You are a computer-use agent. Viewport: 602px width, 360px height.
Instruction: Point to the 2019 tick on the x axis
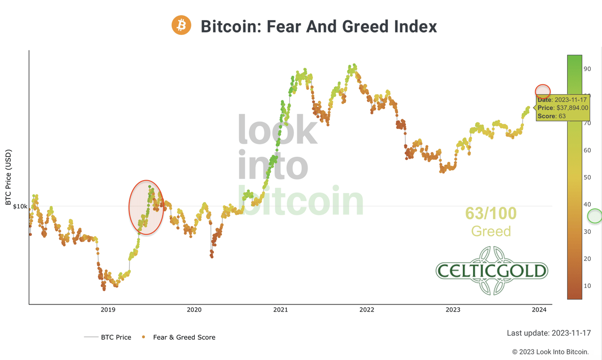pyautogui.click(x=108, y=309)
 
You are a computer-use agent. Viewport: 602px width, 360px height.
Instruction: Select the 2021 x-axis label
pyautogui.click(x=280, y=309)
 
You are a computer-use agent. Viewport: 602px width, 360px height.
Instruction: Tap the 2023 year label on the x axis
pyautogui.click(x=453, y=309)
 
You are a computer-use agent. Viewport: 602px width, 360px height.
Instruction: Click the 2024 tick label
pyautogui.click(x=539, y=309)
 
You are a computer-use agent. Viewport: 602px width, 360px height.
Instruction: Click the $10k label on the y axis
pyautogui.click(x=20, y=206)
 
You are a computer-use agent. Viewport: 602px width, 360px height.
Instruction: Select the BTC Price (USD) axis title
pyautogui.click(x=8, y=177)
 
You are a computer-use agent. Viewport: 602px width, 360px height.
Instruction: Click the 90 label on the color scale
pyautogui.click(x=587, y=69)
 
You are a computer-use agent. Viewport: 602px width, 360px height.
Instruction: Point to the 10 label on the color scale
pyautogui.click(x=587, y=286)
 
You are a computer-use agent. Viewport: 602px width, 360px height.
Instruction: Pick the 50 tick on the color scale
pyautogui.click(x=587, y=177)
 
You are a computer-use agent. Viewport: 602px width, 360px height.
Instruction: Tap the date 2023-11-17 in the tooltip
pyautogui.click(x=570, y=100)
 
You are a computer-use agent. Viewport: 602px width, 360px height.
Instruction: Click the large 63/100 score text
pyautogui.click(x=491, y=214)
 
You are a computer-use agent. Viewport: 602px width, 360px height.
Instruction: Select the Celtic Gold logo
pyautogui.click(x=491, y=271)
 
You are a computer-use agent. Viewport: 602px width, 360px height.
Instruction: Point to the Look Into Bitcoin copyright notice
pyautogui.click(x=550, y=352)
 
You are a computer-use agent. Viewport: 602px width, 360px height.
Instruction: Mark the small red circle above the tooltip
pyautogui.click(x=543, y=91)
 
